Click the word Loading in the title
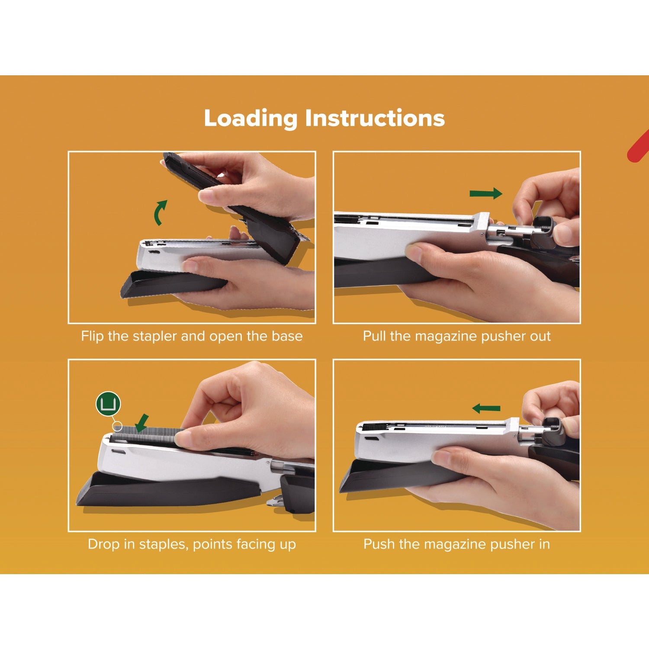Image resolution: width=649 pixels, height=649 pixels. point(251,119)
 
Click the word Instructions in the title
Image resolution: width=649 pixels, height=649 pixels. point(375,119)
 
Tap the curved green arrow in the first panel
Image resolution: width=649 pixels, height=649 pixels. point(161,212)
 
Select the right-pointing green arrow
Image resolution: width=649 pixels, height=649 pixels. point(486,194)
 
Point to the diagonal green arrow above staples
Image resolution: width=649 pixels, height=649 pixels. point(141,423)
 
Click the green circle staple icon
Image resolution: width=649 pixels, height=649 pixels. point(108,404)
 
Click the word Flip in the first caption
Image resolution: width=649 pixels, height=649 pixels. point(93,336)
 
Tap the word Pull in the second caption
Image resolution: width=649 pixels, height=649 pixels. point(374,336)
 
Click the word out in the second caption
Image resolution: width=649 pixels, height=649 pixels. point(540,336)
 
